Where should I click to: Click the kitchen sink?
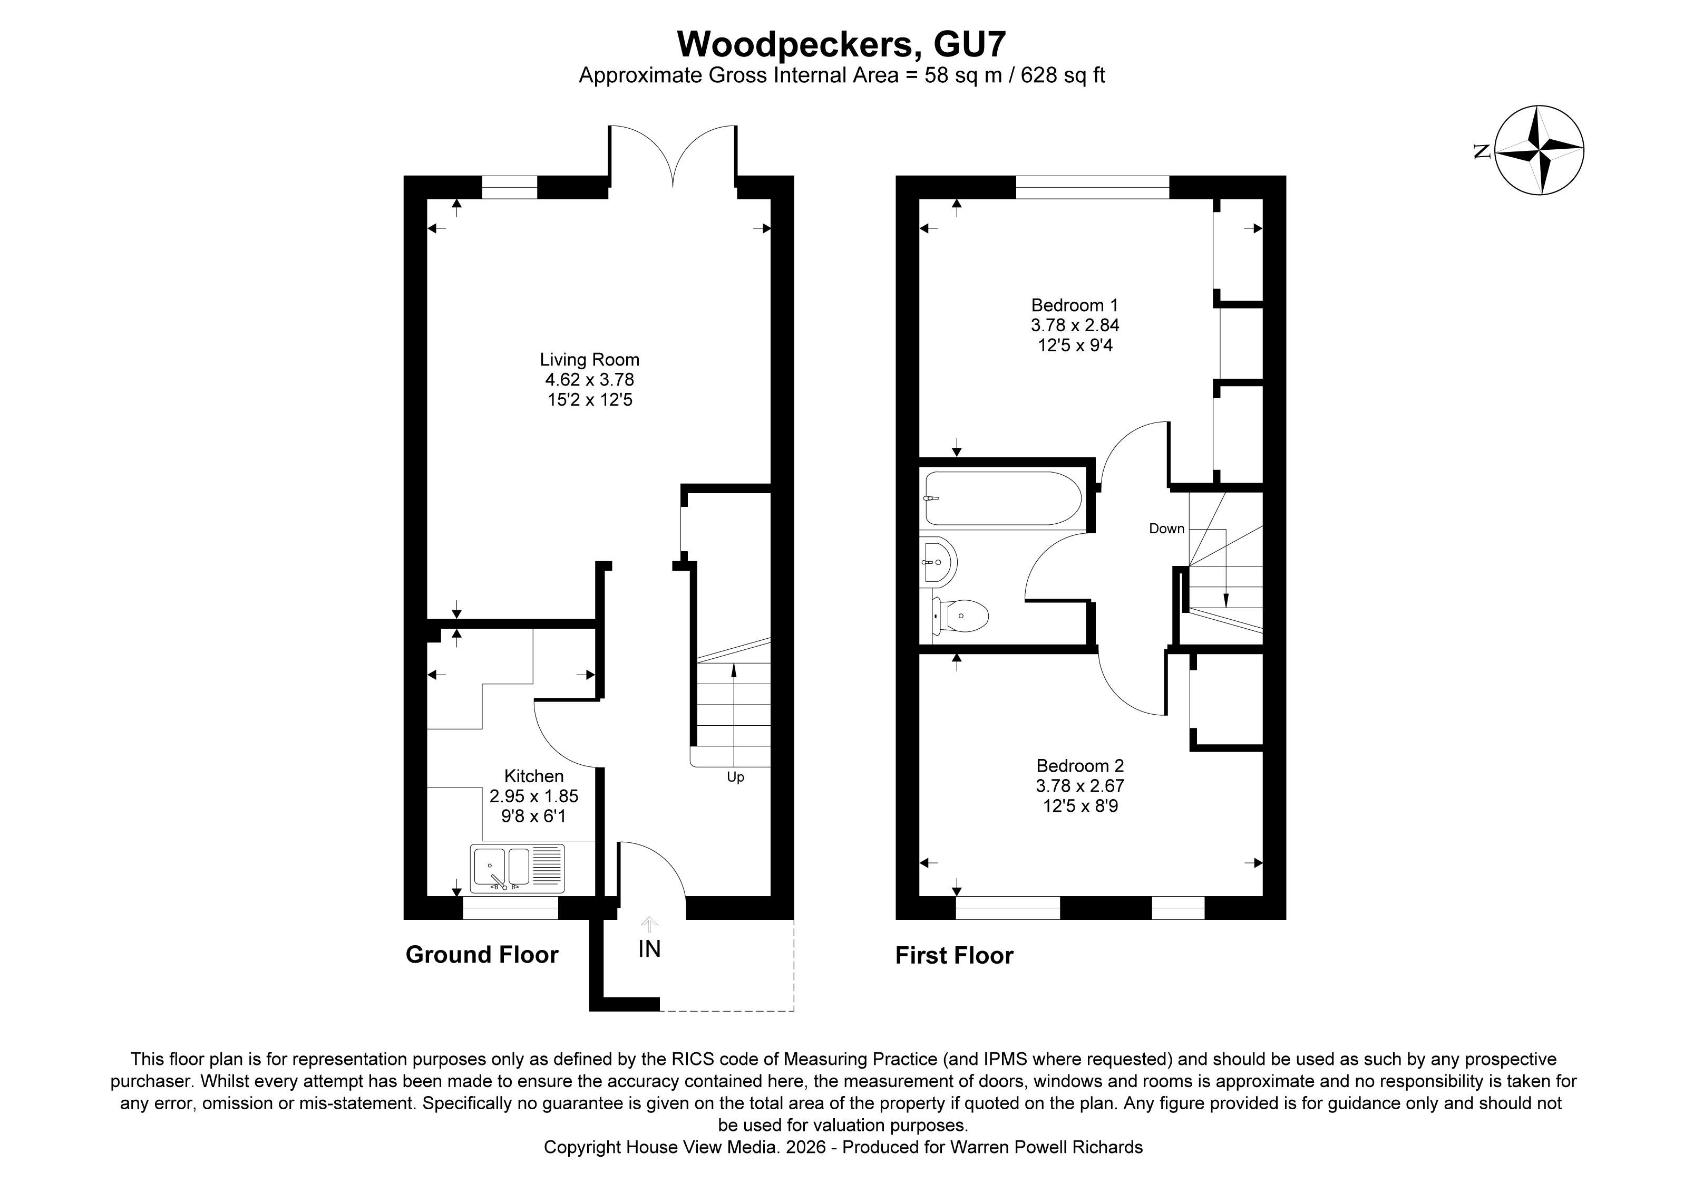(x=517, y=868)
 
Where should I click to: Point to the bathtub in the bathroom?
(x=1002, y=498)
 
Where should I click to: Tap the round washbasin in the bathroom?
(x=939, y=561)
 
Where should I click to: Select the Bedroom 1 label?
(x=1075, y=304)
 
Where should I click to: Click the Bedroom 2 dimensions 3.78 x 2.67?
(x=1079, y=786)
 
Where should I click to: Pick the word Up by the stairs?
(x=735, y=777)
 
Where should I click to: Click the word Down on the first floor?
(x=1166, y=529)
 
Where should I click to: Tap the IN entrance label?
(x=649, y=949)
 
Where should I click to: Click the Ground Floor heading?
(x=482, y=954)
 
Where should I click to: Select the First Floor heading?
(x=954, y=955)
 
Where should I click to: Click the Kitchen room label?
(x=534, y=776)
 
